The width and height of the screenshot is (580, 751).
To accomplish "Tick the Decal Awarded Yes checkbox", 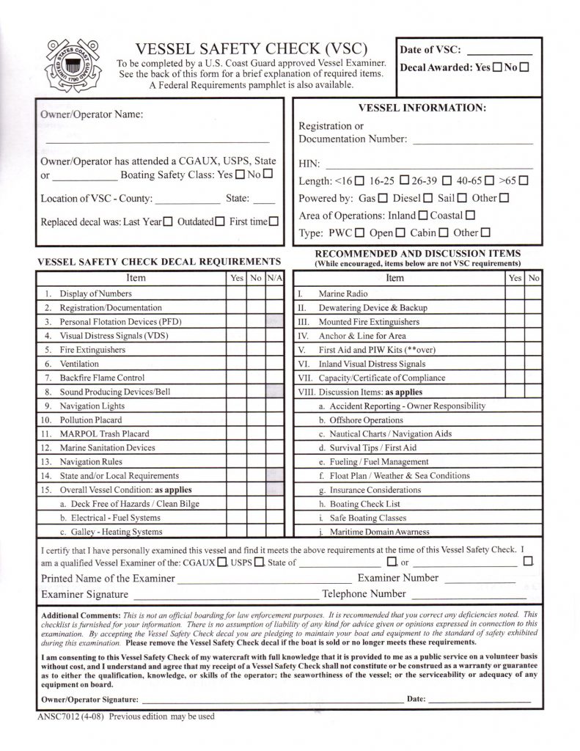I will click(497, 67).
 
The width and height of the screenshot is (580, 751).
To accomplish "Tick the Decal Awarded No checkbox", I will click(526, 67).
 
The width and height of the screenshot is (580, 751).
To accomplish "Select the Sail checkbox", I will click(462, 198).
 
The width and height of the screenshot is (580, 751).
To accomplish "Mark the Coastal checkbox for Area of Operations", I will click(470, 216).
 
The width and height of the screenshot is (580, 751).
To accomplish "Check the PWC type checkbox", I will click(359, 233).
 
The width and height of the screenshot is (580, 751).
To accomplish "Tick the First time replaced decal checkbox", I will click(274, 221).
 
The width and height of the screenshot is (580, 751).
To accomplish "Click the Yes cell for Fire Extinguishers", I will click(236, 350).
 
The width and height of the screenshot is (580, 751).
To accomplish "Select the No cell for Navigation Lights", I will click(256, 406).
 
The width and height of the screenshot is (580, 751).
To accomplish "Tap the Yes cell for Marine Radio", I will click(514, 293).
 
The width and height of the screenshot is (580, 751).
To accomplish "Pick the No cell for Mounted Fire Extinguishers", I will click(534, 322).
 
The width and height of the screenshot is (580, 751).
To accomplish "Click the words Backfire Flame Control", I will click(102, 378).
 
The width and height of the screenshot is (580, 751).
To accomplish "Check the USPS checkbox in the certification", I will click(258, 563).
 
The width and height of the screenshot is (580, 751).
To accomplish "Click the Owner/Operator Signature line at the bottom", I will click(271, 700).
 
